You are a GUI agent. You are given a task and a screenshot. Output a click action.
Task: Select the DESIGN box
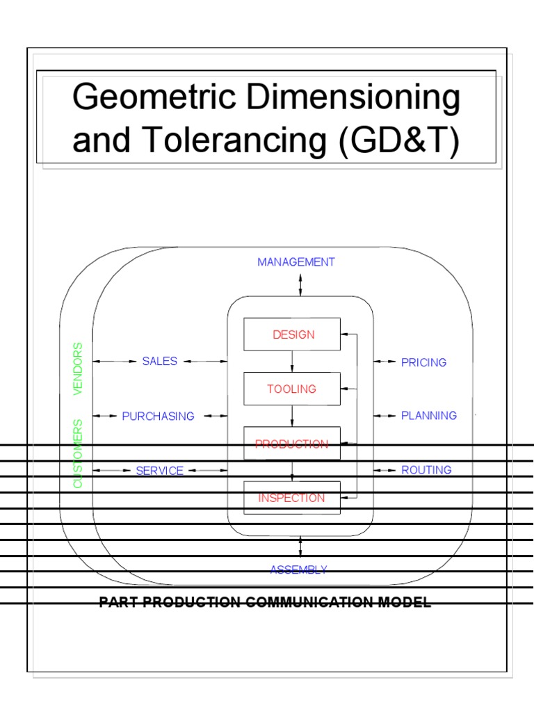point(292,334)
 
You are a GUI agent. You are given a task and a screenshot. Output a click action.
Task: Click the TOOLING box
point(292,389)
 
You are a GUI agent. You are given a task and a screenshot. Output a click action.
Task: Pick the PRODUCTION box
point(292,444)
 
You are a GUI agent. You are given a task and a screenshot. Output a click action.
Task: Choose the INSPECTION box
point(292,498)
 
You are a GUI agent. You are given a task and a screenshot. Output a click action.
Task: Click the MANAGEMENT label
point(296,262)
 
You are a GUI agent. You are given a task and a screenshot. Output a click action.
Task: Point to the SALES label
point(160,361)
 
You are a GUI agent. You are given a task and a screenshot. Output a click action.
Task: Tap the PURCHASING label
point(158,416)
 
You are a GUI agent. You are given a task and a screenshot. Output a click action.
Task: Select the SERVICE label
point(160,471)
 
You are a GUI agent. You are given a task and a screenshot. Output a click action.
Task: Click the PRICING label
point(423,362)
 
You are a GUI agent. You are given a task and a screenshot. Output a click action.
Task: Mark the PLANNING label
point(429,416)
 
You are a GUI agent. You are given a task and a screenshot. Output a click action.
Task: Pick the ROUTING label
point(426,470)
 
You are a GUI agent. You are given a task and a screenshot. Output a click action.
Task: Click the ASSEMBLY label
point(299,569)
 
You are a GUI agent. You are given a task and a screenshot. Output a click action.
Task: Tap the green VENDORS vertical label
point(78,369)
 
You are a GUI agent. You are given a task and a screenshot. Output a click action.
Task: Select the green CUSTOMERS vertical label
point(78,453)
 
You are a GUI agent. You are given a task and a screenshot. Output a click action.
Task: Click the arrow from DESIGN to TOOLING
point(292,362)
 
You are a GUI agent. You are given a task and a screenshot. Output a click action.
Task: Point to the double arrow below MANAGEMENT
point(300,284)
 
